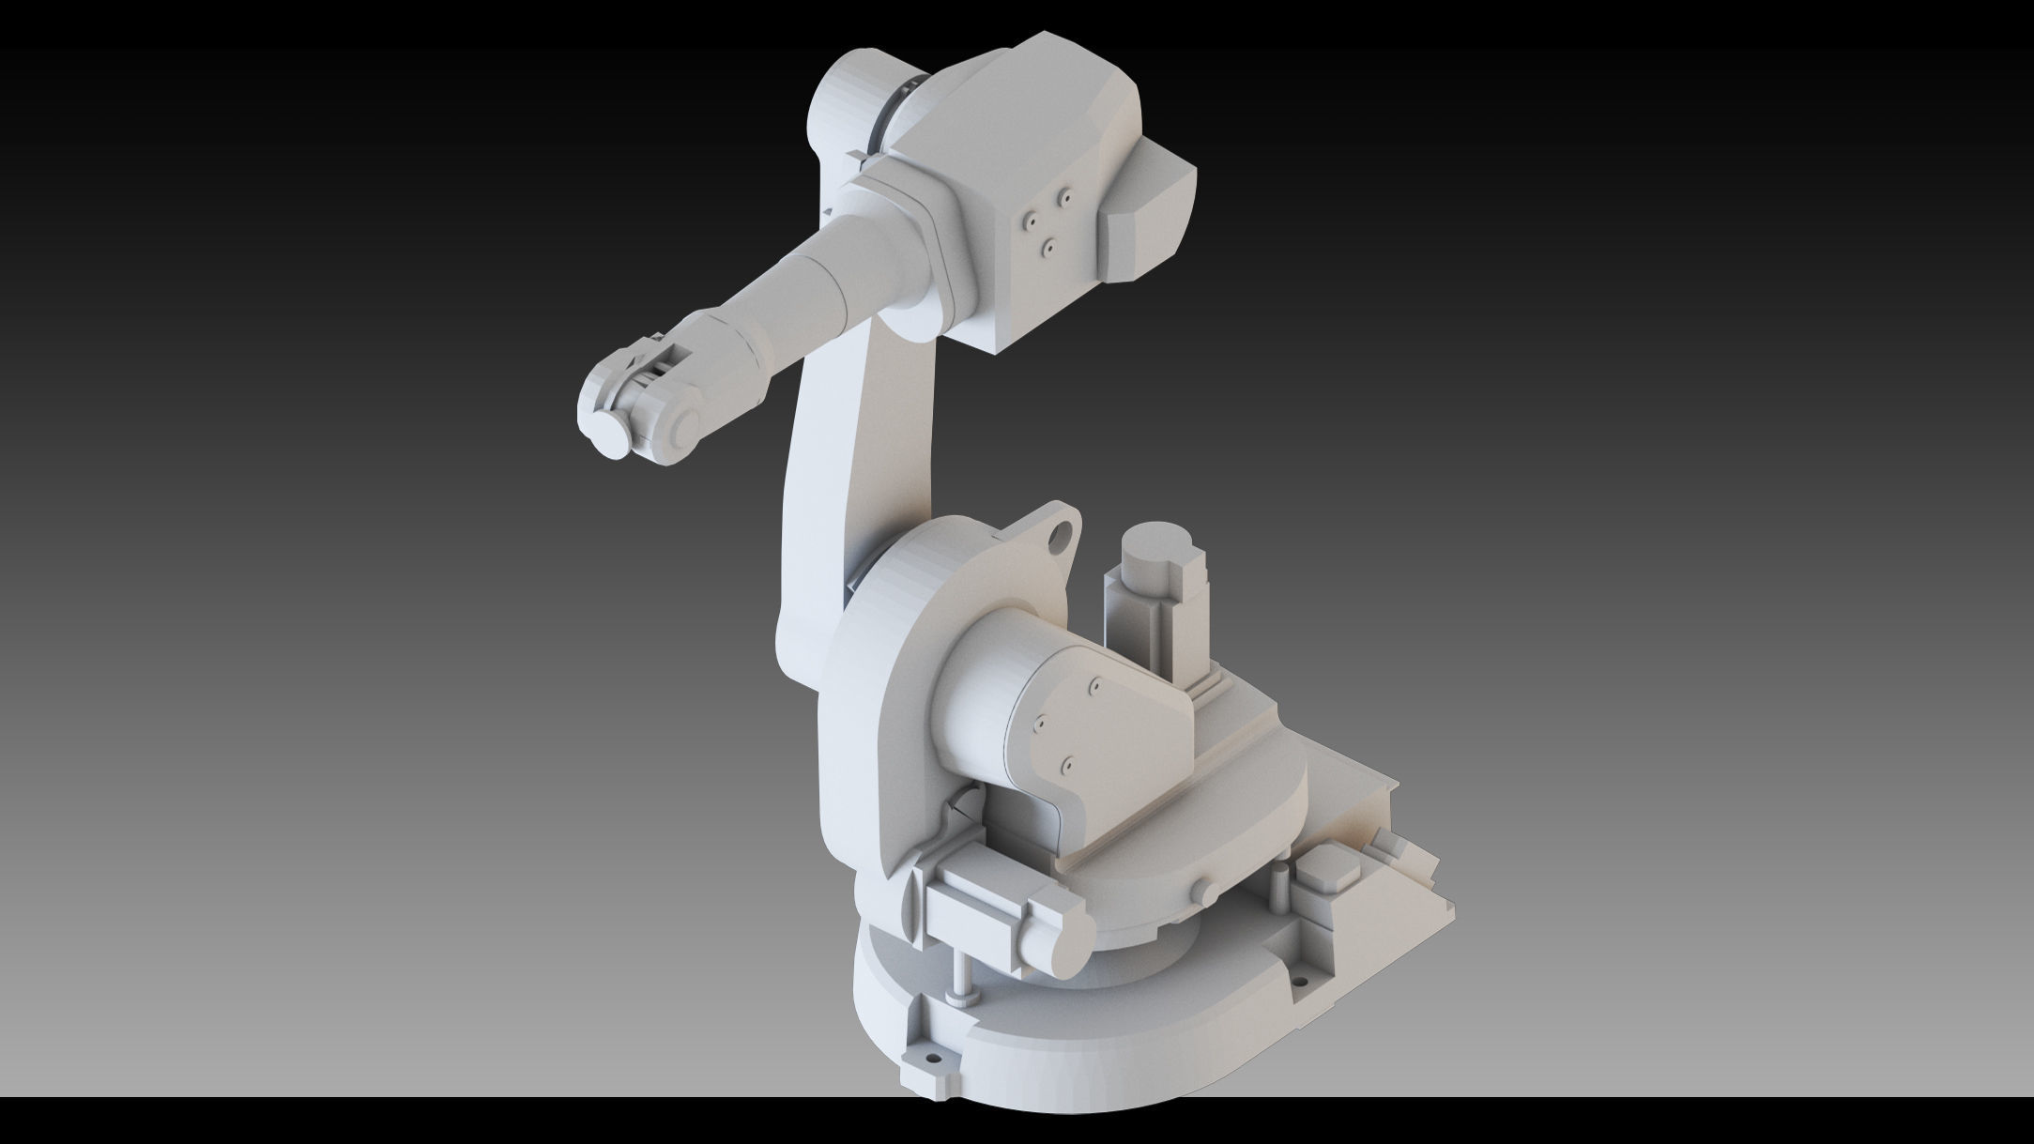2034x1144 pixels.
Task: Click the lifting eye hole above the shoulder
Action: [x=1062, y=535]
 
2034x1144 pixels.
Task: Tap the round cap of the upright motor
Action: [x=1158, y=545]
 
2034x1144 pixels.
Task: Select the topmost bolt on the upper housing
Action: [x=1065, y=196]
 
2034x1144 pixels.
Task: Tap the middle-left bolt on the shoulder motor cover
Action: [x=1038, y=723]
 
